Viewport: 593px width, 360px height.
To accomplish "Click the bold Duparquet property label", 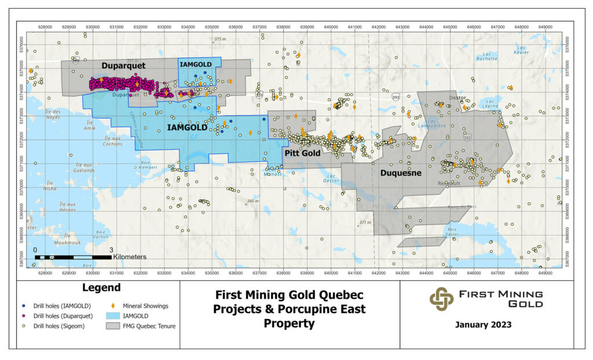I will point(123,65).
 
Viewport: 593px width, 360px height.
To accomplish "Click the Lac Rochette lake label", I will point(486,56).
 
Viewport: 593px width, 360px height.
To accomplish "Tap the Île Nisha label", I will point(50,186).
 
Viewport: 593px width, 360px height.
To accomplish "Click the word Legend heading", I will point(101,288).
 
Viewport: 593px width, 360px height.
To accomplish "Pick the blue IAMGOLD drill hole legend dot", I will point(22,305).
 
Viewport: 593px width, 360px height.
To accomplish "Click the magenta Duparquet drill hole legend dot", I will point(22,316).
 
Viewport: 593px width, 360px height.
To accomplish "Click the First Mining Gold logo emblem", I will point(441,299).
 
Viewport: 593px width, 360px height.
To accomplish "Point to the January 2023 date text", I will point(482,325).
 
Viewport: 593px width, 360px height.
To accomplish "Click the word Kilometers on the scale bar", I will point(130,256).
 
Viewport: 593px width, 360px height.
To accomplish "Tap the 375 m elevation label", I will point(219,39).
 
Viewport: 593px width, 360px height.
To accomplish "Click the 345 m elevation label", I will point(252,201).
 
